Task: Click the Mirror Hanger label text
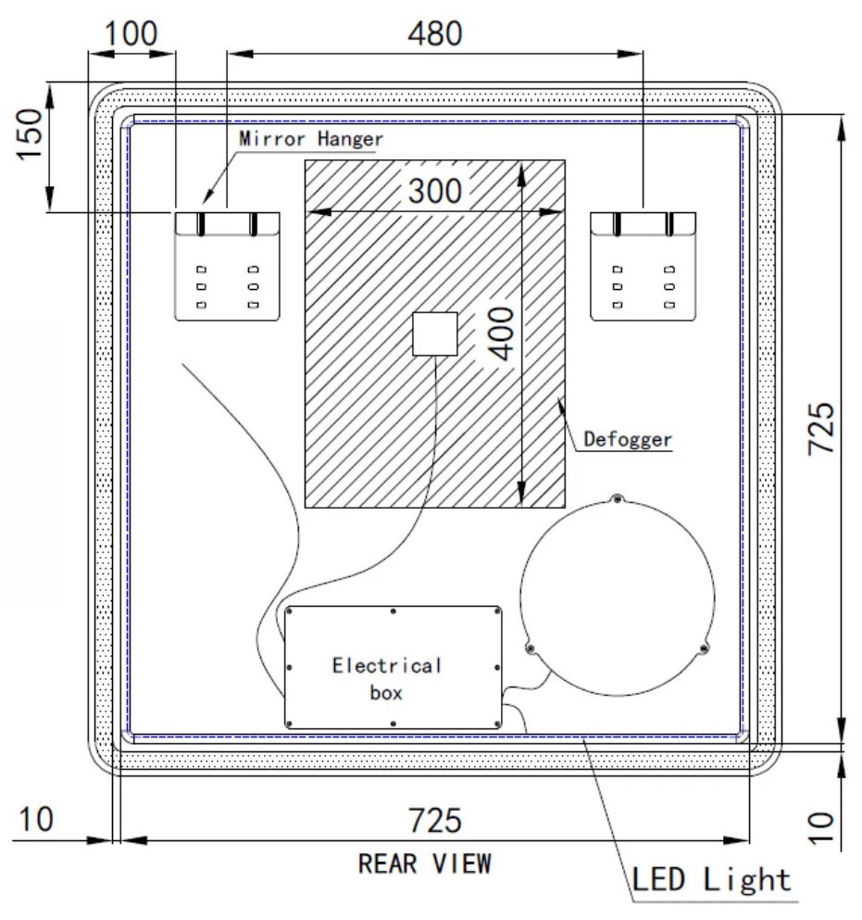click(x=310, y=139)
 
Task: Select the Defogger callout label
click(x=627, y=439)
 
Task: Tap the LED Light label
click(x=711, y=878)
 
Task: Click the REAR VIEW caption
click(x=425, y=863)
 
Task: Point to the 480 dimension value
click(x=435, y=33)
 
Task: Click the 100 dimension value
click(x=130, y=33)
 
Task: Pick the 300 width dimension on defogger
click(x=433, y=192)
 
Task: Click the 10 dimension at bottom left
click(x=36, y=820)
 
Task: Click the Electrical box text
click(x=387, y=678)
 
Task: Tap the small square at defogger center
click(x=434, y=334)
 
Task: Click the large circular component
click(x=618, y=594)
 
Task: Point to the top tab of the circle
click(x=618, y=499)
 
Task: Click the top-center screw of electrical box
click(x=394, y=611)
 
